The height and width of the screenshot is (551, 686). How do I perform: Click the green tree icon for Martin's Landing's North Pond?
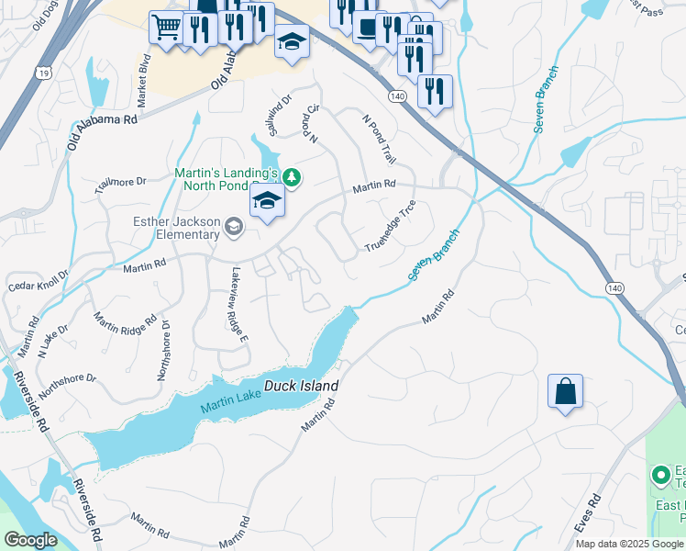[291, 176]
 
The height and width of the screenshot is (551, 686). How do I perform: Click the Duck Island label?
[302, 387]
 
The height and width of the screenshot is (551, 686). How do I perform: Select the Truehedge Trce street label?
[391, 226]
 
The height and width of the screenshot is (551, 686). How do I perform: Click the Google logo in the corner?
[30, 540]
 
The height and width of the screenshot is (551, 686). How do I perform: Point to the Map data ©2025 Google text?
[628, 544]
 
